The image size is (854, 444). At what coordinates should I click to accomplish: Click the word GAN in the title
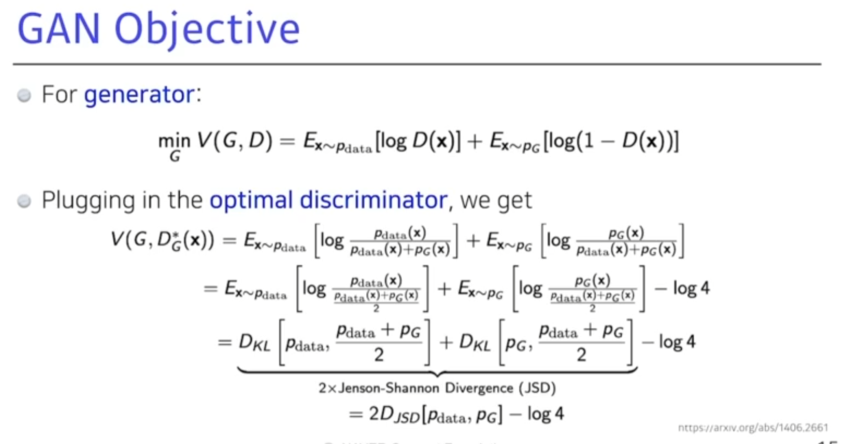[59, 29]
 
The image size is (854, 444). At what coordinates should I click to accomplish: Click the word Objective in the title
[207, 29]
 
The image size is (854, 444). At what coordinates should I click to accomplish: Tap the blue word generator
[139, 95]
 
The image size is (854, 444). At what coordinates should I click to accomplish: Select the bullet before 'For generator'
[24, 95]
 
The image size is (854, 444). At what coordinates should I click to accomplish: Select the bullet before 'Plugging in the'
[24, 201]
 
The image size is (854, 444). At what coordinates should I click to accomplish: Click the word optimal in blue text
[251, 200]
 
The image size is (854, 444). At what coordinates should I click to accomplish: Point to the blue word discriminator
[373, 200]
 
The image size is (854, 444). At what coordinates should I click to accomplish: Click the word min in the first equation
[174, 141]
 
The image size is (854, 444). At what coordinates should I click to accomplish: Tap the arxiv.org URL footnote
[753, 428]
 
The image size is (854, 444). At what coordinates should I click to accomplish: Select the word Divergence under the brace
[479, 388]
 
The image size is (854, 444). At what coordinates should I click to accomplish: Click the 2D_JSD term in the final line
[394, 415]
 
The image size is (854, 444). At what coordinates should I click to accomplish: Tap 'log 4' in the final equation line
[545, 414]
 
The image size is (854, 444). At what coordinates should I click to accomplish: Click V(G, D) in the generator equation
[234, 141]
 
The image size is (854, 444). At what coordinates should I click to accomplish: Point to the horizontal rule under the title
[417, 64]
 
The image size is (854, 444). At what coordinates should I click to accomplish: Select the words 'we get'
[496, 200]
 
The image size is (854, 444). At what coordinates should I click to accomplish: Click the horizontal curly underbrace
[437, 372]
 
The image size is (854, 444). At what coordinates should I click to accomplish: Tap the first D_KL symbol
[254, 342]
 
